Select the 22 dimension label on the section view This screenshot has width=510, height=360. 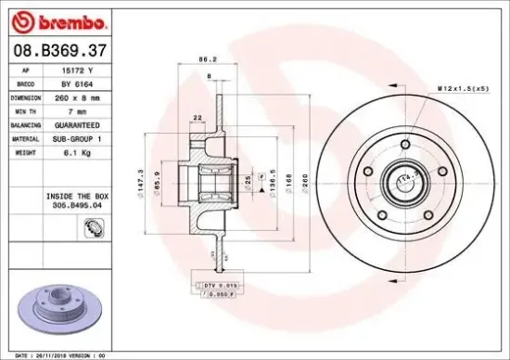coord(198,116)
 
